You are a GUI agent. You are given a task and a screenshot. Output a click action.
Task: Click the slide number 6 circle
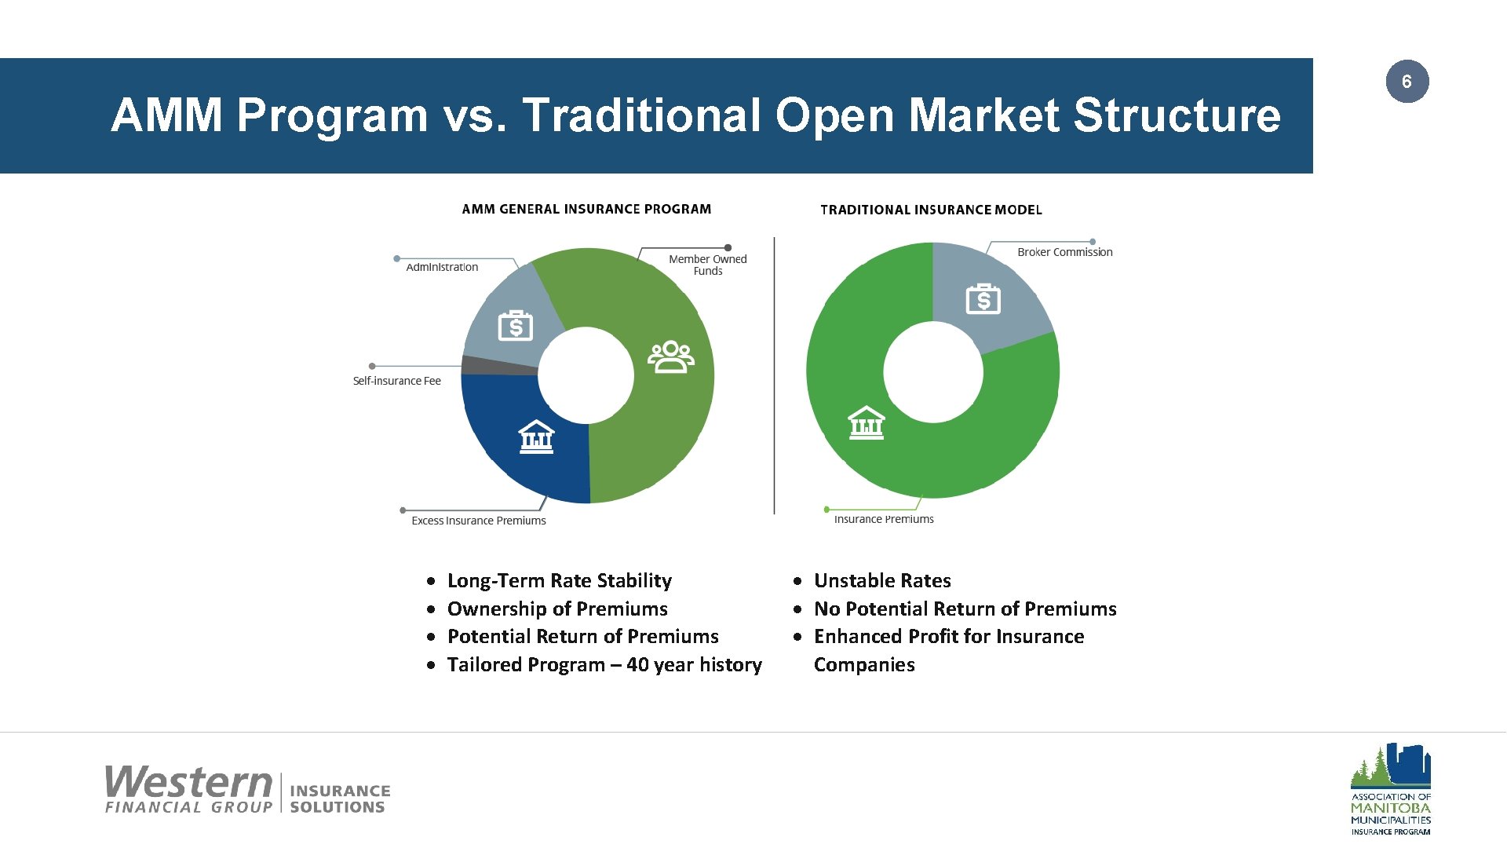coord(1407,82)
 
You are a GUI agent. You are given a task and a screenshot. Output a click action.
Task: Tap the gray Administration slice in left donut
coord(510,314)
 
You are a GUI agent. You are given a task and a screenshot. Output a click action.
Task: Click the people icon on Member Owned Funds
coord(670,357)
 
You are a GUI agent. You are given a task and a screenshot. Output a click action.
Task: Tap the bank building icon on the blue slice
coord(537,437)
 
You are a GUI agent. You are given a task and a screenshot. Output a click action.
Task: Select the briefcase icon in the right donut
coord(983,299)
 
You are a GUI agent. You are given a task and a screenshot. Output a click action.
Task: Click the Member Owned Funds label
coord(707,265)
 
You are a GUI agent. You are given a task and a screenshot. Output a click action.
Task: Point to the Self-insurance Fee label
coord(396,381)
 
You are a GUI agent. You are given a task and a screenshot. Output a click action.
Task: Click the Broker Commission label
coord(1064,252)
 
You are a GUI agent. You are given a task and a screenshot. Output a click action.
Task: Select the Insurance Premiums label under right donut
coord(883,519)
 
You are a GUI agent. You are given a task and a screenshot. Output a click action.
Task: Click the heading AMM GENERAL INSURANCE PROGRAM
coord(586,209)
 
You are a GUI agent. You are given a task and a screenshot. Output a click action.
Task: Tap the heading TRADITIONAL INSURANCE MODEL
coord(931,210)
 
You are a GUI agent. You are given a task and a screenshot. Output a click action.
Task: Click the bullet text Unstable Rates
coord(881,580)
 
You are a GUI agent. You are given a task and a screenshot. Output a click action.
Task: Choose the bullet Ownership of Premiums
coord(557,609)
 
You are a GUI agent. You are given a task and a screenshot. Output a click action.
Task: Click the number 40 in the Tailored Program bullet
coord(637,664)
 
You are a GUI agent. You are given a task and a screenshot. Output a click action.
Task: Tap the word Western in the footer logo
coord(188,782)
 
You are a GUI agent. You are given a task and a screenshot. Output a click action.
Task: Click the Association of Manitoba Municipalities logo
coord(1390,788)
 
